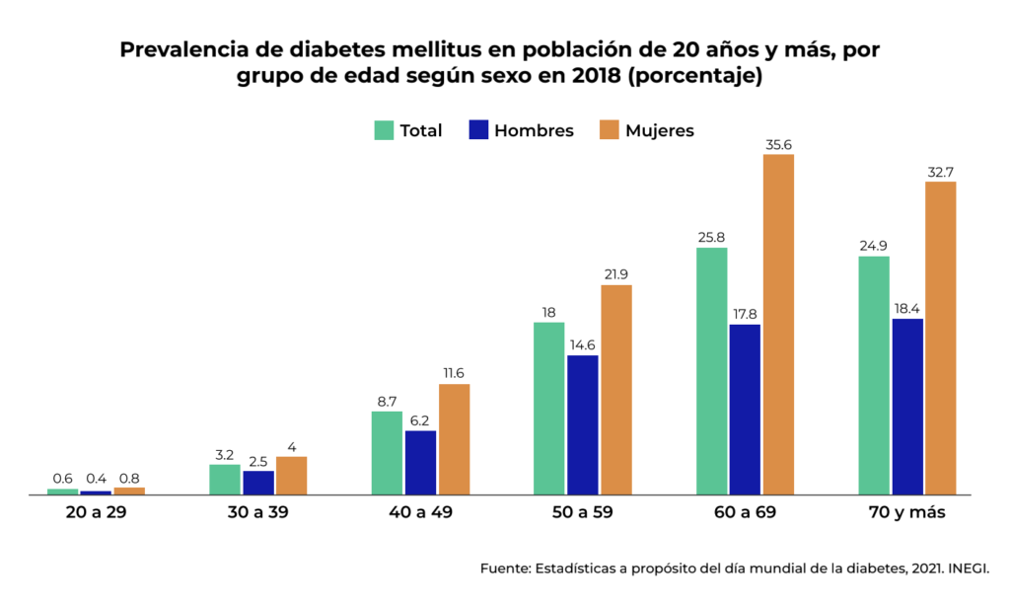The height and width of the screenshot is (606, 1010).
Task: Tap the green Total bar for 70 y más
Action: point(874,375)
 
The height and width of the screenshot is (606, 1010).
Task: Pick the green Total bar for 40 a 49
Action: point(387,452)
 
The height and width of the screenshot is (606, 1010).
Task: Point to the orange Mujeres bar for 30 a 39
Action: point(291,475)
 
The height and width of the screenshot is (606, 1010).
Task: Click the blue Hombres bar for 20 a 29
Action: point(96,492)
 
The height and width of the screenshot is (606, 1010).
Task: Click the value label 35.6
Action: point(778,145)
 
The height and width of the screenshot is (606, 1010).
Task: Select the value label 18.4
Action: point(907,309)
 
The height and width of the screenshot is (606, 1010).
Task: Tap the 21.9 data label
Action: point(616,275)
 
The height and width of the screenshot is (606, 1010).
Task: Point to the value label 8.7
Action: point(387,402)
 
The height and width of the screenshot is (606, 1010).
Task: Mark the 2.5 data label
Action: point(258,461)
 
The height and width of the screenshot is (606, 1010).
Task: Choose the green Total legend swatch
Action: point(384,130)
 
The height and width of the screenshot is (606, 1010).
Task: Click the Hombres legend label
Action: point(534,130)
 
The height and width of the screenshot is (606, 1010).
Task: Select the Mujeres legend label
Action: point(660,130)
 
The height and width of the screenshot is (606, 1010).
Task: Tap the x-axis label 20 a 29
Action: point(96,513)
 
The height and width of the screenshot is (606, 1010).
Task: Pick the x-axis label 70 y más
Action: point(906,513)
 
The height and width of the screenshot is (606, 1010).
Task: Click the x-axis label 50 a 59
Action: point(583,513)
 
